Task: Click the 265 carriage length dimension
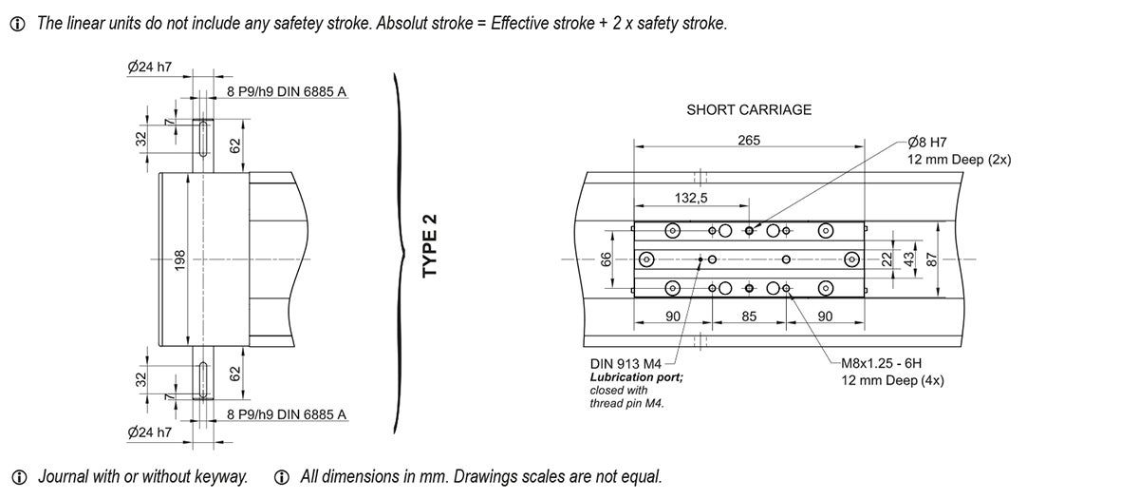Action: click(x=749, y=140)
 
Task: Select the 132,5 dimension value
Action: click(x=691, y=198)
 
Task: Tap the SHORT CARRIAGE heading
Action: click(x=749, y=109)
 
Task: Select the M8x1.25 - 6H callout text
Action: click(x=882, y=363)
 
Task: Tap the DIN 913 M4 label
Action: click(x=626, y=363)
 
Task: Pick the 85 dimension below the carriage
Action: click(x=749, y=316)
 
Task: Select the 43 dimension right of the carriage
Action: click(x=907, y=259)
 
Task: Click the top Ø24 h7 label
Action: click(x=150, y=67)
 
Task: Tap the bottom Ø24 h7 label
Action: click(x=150, y=432)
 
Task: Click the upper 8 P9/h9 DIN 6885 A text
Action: click(x=288, y=91)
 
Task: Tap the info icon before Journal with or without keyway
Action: click(x=17, y=477)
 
